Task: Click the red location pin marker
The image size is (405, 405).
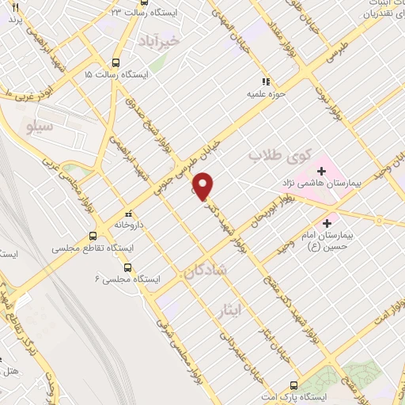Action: pos(204,186)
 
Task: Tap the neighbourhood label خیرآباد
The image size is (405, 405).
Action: pos(181,38)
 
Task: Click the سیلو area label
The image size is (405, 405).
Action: pos(39,126)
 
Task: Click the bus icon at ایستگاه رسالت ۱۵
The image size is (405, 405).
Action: pos(116,62)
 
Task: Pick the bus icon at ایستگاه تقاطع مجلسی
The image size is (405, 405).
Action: pos(93,236)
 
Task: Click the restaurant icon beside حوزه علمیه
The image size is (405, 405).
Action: pos(267,81)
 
